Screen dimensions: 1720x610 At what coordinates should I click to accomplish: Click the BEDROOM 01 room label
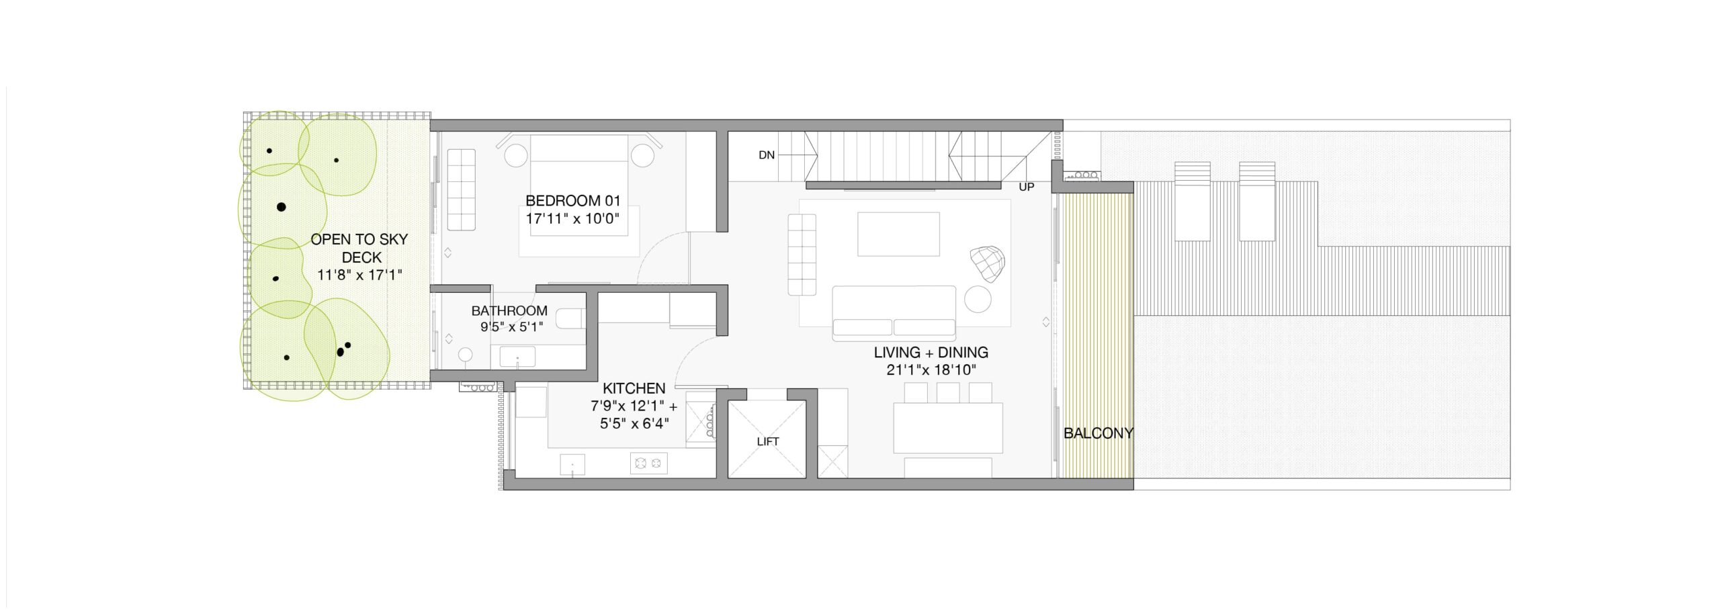(572, 200)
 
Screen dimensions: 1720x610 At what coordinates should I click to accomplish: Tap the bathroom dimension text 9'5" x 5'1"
(511, 327)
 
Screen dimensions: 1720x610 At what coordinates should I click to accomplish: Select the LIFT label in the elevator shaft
(767, 441)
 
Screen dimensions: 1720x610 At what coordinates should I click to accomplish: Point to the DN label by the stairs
(767, 155)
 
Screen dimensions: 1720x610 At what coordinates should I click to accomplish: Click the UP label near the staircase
(1026, 187)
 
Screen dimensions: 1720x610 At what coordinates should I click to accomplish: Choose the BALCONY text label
(1098, 433)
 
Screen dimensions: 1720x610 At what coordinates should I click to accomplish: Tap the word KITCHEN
(634, 388)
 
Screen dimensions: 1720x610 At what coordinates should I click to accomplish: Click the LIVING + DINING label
(931, 352)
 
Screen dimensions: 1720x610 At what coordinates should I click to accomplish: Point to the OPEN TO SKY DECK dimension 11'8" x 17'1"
(359, 275)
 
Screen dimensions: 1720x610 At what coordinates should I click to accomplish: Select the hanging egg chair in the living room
(987, 263)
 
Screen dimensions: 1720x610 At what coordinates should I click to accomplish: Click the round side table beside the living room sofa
(978, 299)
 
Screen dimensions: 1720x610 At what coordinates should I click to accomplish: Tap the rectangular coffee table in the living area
(898, 234)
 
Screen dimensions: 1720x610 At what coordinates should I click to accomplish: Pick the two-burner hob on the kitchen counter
(648, 463)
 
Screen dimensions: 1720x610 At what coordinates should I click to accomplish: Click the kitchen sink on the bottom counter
(572, 464)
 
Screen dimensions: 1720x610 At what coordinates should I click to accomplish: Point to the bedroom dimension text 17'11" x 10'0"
(572, 218)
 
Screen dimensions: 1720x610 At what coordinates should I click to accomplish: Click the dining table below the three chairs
(948, 428)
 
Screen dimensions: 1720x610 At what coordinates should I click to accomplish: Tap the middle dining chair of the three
(948, 393)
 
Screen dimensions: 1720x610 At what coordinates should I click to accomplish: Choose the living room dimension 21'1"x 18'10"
(931, 369)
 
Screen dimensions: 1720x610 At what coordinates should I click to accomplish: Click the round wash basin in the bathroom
(466, 355)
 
